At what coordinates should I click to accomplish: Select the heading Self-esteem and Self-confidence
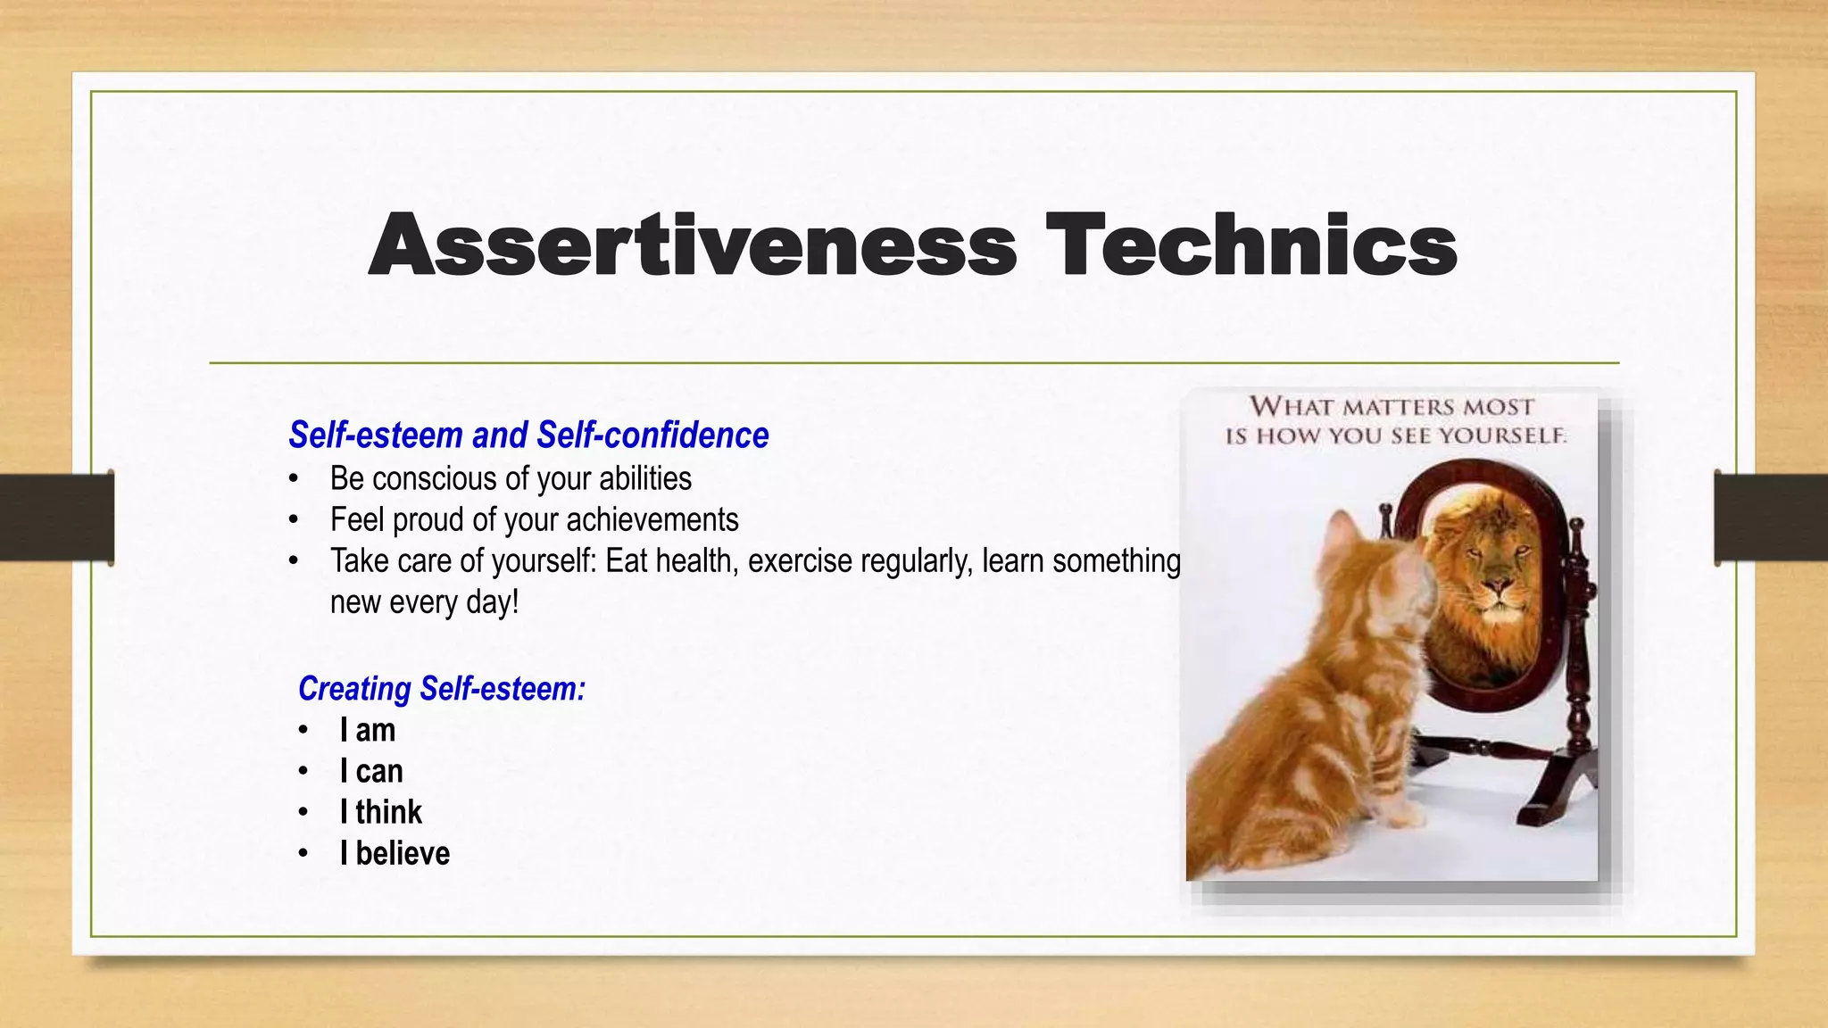click(x=528, y=435)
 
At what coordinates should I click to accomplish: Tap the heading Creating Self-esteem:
click(x=442, y=689)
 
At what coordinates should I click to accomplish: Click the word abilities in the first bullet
click(x=644, y=479)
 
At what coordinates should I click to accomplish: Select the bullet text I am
click(x=367, y=731)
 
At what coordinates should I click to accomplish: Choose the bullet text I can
click(x=371, y=772)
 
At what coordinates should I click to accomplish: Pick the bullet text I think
click(x=381, y=813)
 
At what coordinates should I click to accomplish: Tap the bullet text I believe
click(x=395, y=854)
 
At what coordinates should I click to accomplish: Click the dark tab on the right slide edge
click(x=1771, y=518)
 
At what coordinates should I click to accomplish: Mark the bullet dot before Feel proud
click(x=294, y=520)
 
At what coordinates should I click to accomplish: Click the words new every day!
click(x=424, y=602)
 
